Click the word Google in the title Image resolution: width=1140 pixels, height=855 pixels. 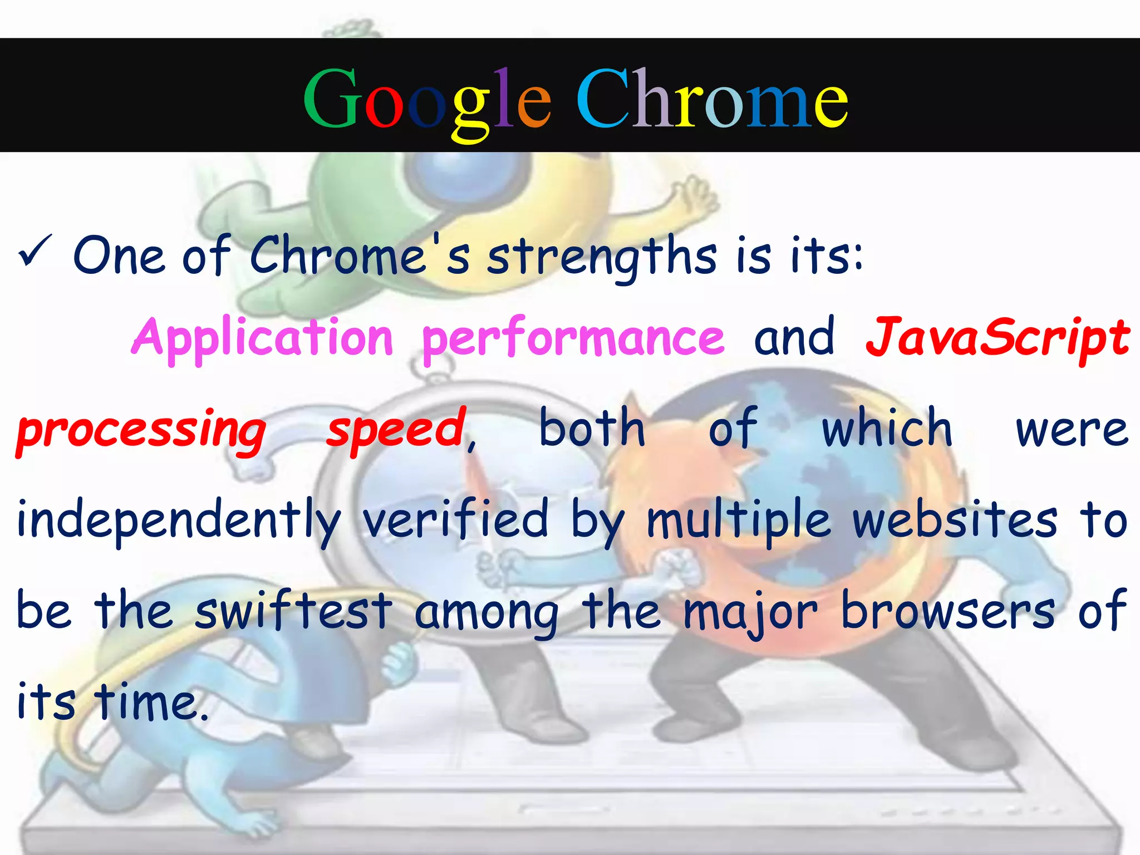[427, 100]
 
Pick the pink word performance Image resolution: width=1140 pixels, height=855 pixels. [573, 337]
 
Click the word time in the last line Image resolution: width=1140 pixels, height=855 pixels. [148, 701]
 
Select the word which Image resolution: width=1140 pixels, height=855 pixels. [887, 429]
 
